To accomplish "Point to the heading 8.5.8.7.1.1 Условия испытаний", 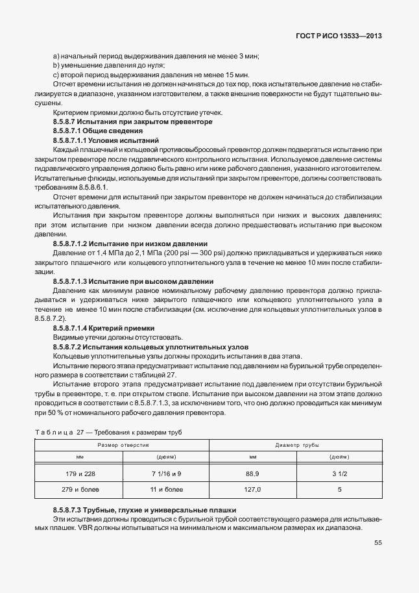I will [106, 140].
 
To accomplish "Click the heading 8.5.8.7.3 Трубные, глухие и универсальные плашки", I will [145, 510].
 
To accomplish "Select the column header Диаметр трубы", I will [298, 446].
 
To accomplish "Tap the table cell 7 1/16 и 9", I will [166, 473].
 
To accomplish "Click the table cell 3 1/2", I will [339, 473].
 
